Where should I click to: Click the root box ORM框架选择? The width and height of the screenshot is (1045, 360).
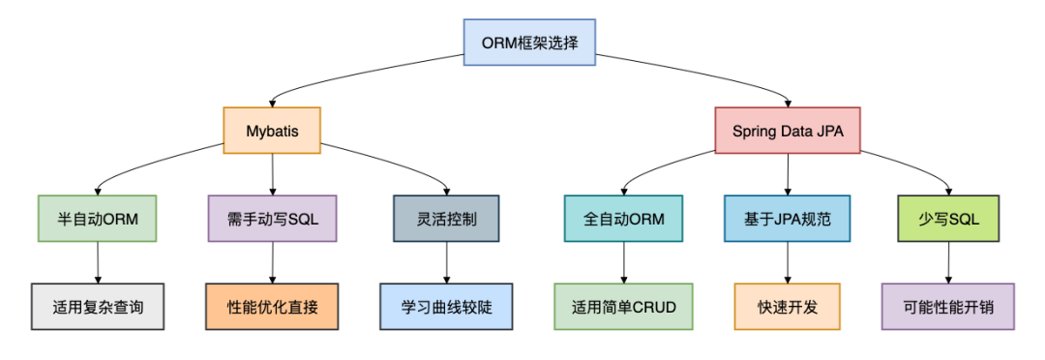(528, 43)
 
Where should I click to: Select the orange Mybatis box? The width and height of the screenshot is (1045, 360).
(272, 131)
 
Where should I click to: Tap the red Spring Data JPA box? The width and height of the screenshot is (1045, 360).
(787, 131)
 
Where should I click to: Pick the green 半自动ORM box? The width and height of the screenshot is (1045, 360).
(98, 219)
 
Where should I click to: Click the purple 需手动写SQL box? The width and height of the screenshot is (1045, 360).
(272, 219)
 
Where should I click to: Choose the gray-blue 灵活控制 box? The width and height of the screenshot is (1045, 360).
(446, 219)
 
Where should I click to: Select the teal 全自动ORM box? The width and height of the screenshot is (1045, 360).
(623, 219)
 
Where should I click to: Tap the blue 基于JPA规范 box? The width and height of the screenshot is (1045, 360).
(787, 219)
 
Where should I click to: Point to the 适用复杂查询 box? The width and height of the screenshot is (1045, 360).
(98, 307)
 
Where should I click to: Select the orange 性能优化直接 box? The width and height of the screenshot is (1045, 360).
(272, 307)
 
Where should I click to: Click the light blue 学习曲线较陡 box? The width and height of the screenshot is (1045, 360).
(446, 307)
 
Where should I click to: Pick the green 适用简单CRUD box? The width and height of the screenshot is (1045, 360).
(623, 307)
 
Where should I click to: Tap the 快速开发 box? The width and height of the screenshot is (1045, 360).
(787, 307)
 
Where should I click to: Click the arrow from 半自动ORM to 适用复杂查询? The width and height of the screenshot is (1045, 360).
(98, 262)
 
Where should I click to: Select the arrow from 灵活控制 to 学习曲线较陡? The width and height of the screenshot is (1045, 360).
(446, 262)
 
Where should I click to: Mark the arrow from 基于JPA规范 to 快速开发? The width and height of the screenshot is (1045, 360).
(787, 262)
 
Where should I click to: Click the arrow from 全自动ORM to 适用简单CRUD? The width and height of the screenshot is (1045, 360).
(623, 262)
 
